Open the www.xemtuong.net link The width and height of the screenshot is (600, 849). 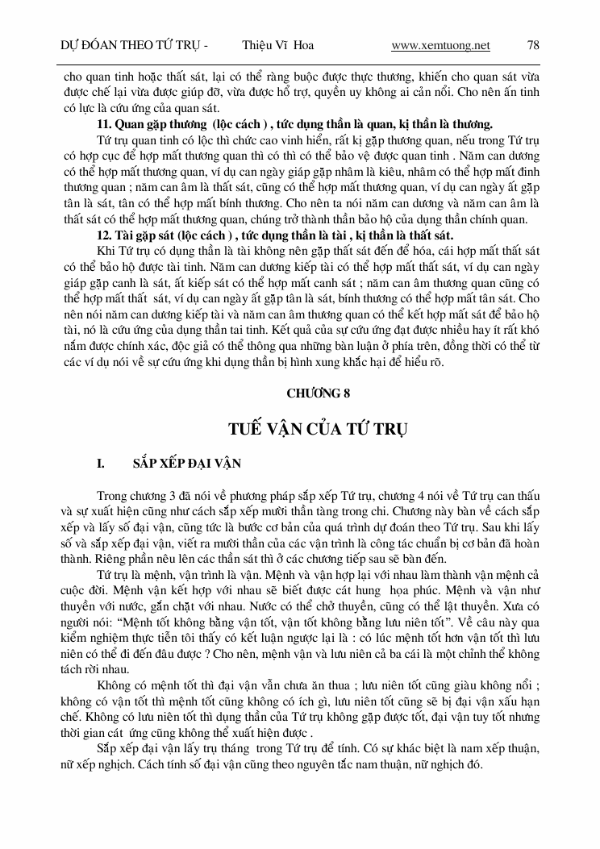440,45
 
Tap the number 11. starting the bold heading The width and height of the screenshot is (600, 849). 104,124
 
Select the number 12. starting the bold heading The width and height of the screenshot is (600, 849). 104,235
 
